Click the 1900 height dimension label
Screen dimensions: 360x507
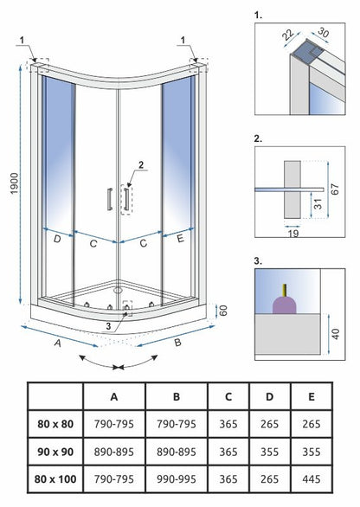coord(15,183)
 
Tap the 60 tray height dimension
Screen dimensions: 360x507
coord(223,311)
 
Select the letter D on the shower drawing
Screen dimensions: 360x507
coord(57,240)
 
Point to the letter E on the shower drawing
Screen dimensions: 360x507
coord(180,238)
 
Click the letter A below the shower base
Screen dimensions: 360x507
coord(58,343)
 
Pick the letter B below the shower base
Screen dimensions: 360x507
coord(177,343)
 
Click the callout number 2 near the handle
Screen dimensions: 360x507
coord(141,165)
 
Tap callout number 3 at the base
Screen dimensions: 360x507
coord(108,326)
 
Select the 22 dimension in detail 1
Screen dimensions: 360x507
coord(288,35)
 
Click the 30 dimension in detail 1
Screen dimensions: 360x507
coord(323,32)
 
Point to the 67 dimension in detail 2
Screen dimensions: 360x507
coord(336,189)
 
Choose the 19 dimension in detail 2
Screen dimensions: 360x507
coord(293,233)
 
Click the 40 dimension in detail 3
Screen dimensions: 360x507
coord(336,334)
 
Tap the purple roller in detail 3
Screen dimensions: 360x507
coord(285,305)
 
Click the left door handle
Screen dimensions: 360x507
coord(110,199)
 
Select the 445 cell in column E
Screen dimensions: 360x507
coord(312,478)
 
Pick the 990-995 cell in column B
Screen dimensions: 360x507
coord(177,478)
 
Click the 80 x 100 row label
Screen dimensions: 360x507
coord(55,478)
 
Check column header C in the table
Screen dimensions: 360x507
coord(228,396)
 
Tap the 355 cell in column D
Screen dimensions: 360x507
coord(269,452)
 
